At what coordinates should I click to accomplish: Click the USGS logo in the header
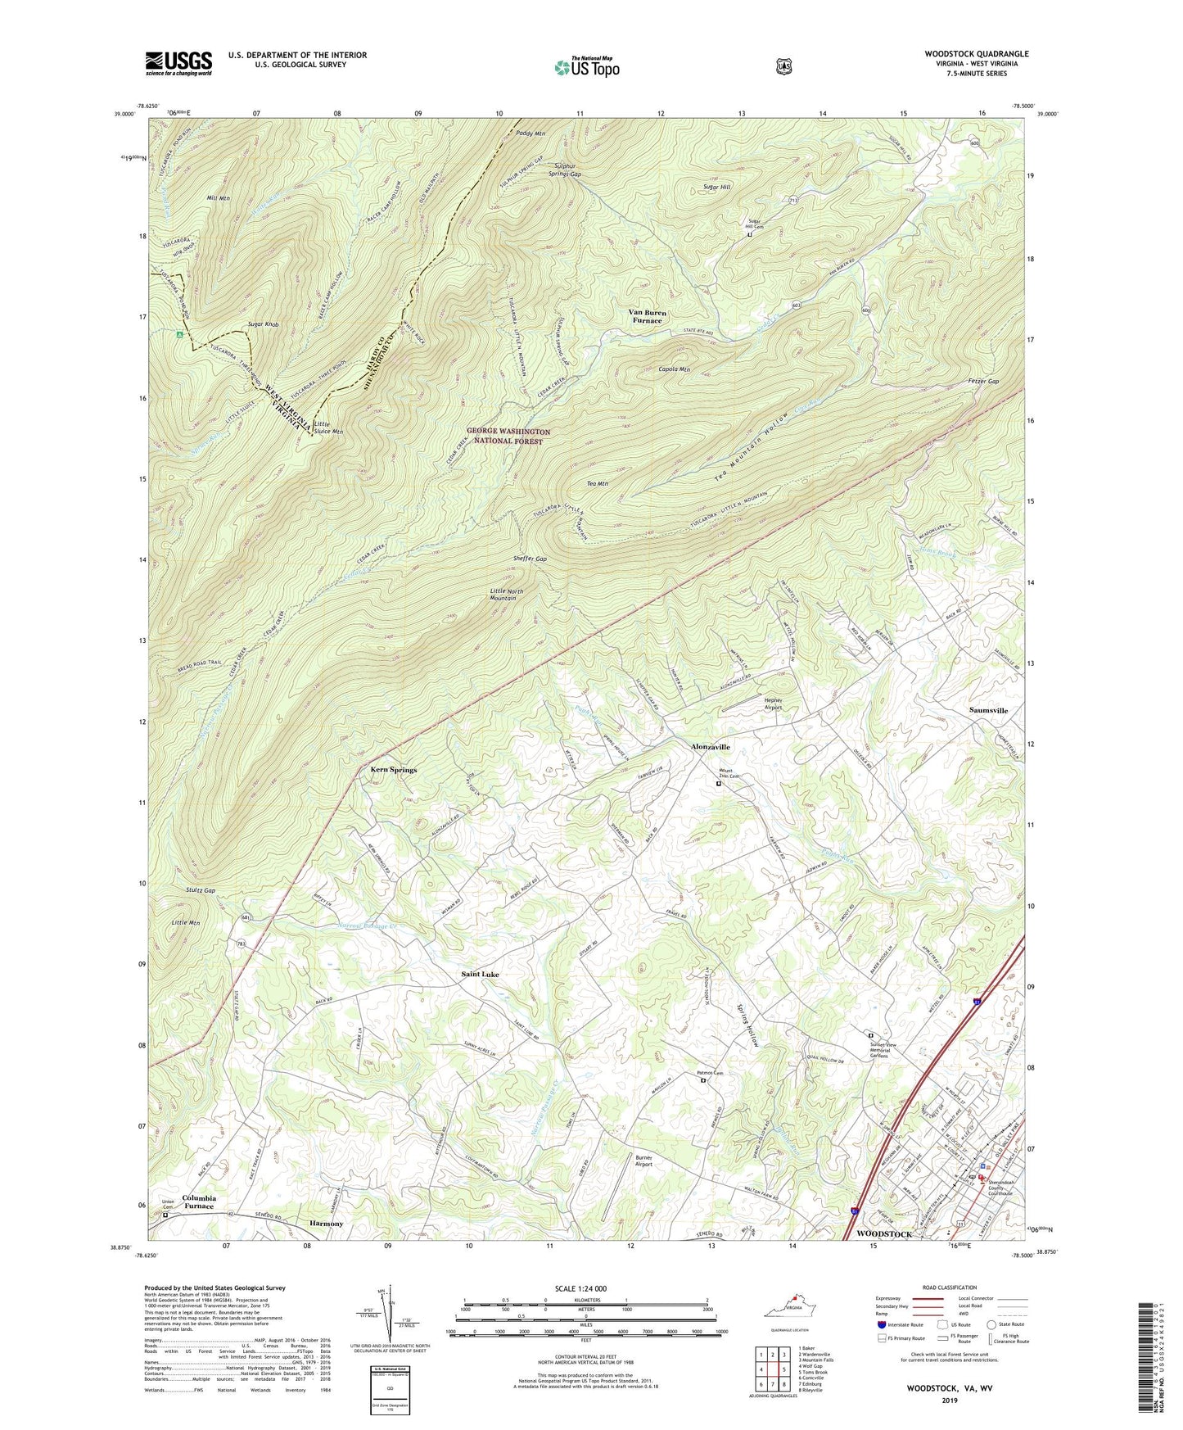[178, 62]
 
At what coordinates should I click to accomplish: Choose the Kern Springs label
[393, 770]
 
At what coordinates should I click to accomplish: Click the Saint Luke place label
[480, 975]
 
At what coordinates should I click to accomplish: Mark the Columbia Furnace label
[199, 1201]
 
